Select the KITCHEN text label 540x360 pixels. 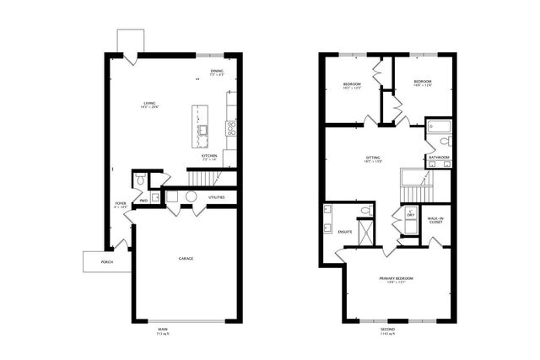pyautogui.click(x=209, y=157)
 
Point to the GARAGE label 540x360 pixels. pyautogui.click(x=186, y=258)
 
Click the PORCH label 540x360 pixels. pyautogui.click(x=107, y=262)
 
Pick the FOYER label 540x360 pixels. pyautogui.click(x=121, y=204)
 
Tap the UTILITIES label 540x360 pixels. pyautogui.click(x=217, y=197)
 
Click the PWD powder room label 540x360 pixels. pyautogui.click(x=144, y=201)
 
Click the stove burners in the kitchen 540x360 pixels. pyautogui.click(x=229, y=128)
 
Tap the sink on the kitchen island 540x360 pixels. pyautogui.click(x=203, y=130)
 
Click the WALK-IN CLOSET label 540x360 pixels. pyautogui.click(x=436, y=221)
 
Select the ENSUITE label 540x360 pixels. pyautogui.click(x=345, y=230)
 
